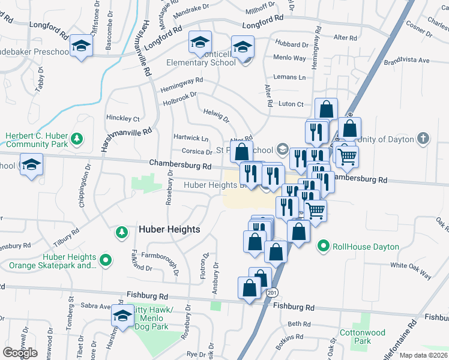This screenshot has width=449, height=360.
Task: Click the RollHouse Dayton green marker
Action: tap(324, 245)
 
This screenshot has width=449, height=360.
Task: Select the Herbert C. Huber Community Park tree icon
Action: tap(76, 140)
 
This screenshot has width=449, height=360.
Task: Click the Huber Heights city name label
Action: tap(169, 229)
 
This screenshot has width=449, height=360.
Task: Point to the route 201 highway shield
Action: tap(273, 292)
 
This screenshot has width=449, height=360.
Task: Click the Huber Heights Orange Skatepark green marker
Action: tap(106, 260)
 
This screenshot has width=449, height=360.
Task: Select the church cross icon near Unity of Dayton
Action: tap(424, 139)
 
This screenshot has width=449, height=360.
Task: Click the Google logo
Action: tap(20, 353)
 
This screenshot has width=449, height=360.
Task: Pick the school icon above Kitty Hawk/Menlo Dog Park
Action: tap(122, 316)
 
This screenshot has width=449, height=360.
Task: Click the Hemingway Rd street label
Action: tap(182, 85)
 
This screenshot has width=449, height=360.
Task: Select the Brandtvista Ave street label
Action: tap(407, 61)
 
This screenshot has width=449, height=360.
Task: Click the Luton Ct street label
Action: tap(292, 104)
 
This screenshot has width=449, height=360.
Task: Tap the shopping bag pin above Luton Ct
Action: tap(325, 110)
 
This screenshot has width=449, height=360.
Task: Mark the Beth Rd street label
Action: tap(298, 323)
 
